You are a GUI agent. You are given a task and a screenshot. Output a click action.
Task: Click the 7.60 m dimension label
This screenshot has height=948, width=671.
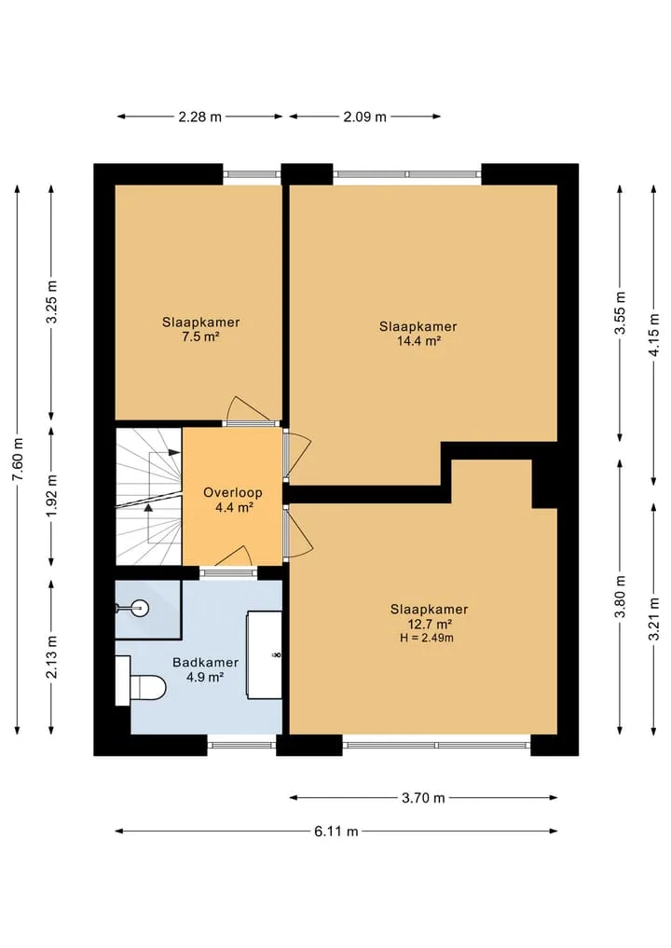[18, 460]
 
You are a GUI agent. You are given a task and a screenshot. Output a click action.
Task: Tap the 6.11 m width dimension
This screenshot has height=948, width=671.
[336, 831]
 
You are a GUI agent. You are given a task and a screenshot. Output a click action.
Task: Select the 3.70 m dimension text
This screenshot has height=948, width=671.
[423, 798]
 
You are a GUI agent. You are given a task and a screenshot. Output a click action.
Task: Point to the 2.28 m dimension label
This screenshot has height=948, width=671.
[200, 117]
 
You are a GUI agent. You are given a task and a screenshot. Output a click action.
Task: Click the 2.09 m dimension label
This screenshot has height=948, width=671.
[365, 117]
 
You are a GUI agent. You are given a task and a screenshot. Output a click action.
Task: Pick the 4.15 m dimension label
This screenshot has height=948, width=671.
[653, 335]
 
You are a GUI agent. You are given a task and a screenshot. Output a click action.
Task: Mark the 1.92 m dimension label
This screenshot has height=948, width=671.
[52, 496]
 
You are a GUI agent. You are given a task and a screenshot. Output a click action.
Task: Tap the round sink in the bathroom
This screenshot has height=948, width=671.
[139, 608]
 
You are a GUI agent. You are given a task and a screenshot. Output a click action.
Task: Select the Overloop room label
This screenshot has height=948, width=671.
[233, 492]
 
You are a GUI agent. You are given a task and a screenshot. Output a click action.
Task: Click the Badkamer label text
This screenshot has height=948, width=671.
[206, 662]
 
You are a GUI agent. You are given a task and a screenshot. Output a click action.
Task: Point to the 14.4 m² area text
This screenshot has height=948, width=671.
[418, 341]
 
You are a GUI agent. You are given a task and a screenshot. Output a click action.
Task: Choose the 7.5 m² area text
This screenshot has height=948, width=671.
[200, 337]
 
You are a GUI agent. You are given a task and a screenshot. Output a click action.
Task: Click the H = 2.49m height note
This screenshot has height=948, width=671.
[427, 638]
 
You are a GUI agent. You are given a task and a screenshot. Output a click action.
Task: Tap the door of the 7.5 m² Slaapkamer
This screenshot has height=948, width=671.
[249, 411]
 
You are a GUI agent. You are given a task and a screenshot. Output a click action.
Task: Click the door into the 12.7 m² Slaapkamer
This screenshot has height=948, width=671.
[297, 532]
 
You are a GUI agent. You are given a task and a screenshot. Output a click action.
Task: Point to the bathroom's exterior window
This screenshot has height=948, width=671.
[241, 745]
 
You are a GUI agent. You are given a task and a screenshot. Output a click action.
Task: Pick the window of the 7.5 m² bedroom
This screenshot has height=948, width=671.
[253, 174]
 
